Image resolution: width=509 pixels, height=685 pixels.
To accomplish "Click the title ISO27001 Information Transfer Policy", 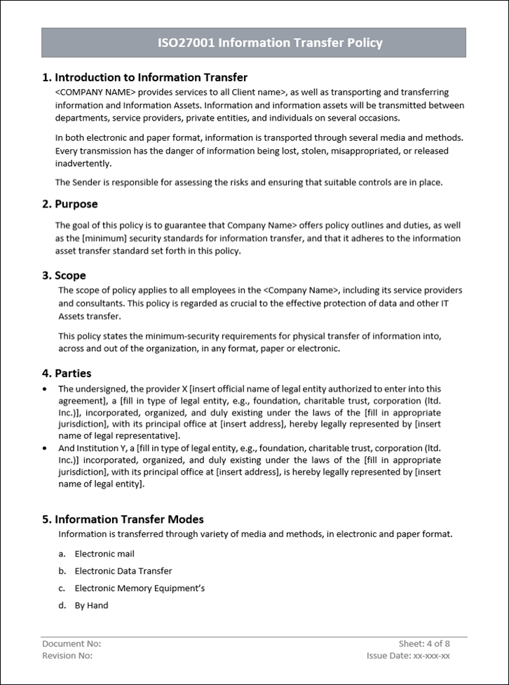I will pyautogui.click(x=270, y=43).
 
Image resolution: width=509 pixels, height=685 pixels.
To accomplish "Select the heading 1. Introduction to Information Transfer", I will pyautogui.click(x=144, y=77).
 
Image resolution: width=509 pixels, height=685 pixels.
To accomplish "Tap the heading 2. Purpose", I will pyautogui.click(x=69, y=204).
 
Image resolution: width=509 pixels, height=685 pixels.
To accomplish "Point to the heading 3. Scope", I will pyautogui.click(x=64, y=276).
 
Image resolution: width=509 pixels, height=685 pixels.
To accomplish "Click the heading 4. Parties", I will pyautogui.click(x=66, y=373).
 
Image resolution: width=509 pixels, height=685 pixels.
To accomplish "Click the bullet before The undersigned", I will pyautogui.click(x=46, y=388).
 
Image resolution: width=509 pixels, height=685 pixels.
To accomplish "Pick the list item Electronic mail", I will pyautogui.click(x=104, y=554).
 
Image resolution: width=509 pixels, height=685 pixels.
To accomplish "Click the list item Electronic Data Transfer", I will pyautogui.click(x=123, y=571).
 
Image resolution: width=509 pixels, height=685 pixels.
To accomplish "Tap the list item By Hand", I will pyautogui.click(x=92, y=606).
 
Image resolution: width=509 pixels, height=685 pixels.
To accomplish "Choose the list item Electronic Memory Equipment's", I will pyautogui.click(x=140, y=588).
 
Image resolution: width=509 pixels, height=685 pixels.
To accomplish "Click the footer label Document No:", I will pyautogui.click(x=72, y=644).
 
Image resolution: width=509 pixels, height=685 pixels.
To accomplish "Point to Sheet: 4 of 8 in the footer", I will pyautogui.click(x=424, y=644).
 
